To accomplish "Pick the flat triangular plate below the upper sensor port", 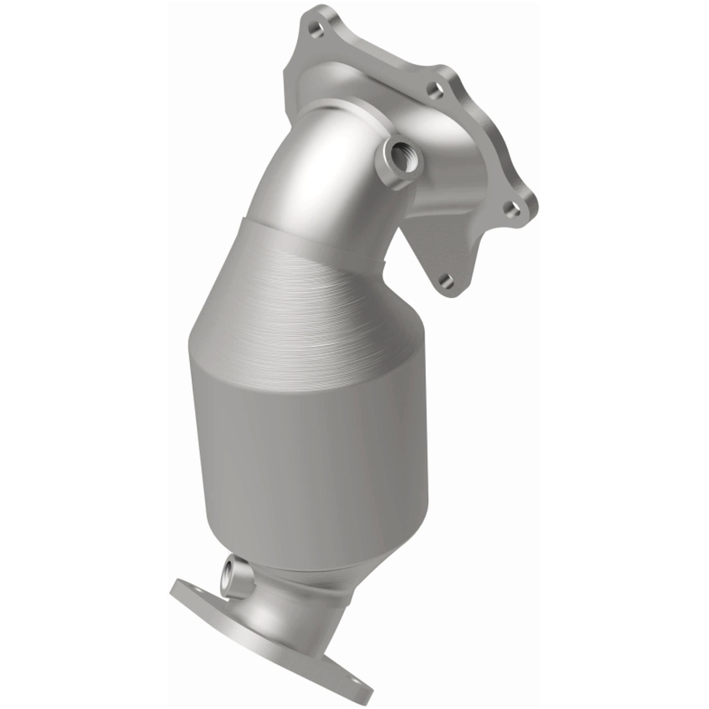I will [x=438, y=244].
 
